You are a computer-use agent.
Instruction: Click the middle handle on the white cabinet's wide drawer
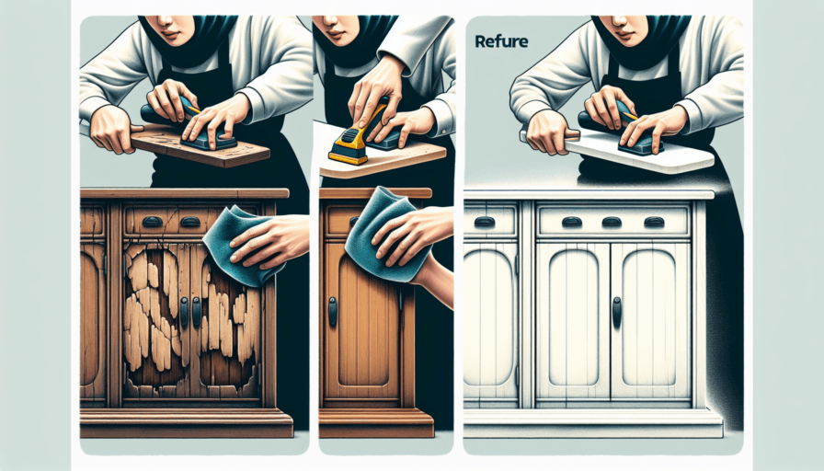(x=611, y=222)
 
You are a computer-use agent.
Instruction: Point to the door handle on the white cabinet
(x=616, y=312)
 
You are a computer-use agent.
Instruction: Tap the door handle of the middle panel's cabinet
(x=333, y=311)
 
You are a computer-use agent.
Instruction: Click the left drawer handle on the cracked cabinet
(x=149, y=222)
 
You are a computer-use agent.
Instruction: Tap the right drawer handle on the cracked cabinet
(x=190, y=222)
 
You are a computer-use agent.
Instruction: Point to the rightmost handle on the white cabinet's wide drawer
(x=654, y=222)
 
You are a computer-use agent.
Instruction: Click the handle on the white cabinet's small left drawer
(x=484, y=222)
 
